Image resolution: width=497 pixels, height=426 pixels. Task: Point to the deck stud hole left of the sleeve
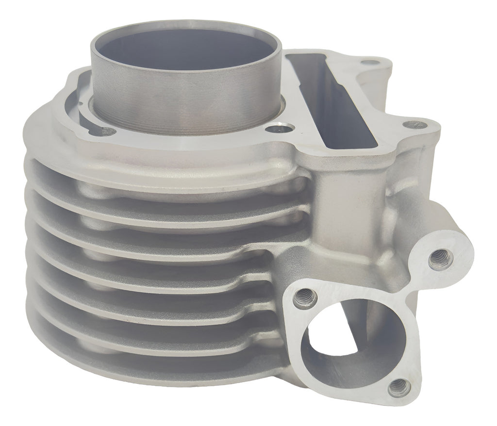[x=108, y=131]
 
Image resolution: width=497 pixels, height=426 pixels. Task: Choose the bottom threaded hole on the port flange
[x=399, y=387]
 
